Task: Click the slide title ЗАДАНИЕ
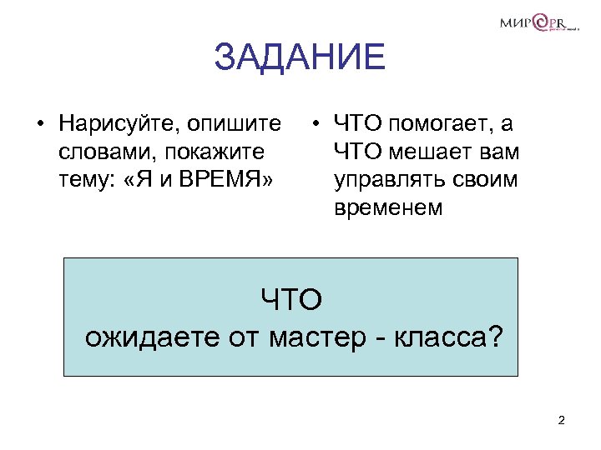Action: [x=300, y=58]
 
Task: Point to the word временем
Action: [x=388, y=207]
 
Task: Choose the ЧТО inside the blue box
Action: [x=291, y=299]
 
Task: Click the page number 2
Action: [x=561, y=420]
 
